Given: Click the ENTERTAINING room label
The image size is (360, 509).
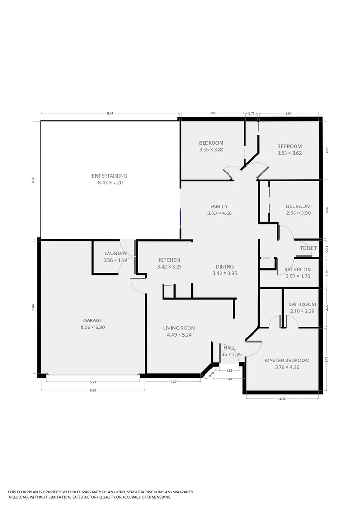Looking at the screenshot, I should click(109, 176).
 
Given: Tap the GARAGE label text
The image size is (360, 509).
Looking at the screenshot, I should click(92, 320).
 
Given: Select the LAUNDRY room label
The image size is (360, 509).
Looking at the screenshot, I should click(115, 253).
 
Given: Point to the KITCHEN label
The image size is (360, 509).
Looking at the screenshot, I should click(169, 260).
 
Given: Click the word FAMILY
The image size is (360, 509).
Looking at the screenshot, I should click(219, 206).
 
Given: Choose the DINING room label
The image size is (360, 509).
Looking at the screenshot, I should click(224, 267).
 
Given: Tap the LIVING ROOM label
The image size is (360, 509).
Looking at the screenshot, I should click(179, 328).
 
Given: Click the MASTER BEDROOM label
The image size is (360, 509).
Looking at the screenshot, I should click(287, 361).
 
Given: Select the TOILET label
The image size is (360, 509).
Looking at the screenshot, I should click(308, 248).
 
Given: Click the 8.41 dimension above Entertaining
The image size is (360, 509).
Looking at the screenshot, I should click(110, 113).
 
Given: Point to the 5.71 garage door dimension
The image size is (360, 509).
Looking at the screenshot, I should click(93, 382).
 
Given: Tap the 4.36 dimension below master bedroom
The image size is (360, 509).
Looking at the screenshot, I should click(282, 399).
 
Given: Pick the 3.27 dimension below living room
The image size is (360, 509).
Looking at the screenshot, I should click(173, 382).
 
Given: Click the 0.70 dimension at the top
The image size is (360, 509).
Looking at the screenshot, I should click(251, 113).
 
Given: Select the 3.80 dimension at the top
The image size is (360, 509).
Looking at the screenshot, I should click(213, 113).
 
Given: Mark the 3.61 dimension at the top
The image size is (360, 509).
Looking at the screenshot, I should click(289, 113).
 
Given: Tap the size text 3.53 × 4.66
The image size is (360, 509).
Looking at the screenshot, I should click(219, 213).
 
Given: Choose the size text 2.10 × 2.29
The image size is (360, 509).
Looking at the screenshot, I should click(302, 311).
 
